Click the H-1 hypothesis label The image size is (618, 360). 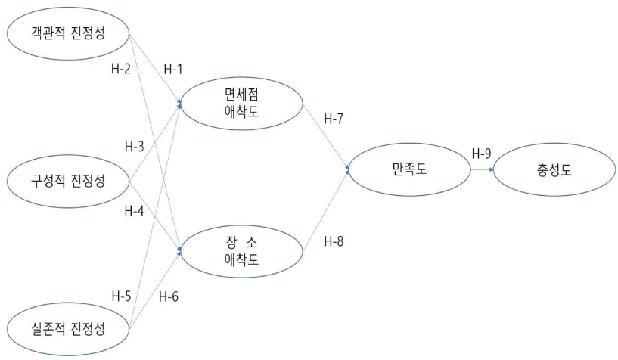(174, 68)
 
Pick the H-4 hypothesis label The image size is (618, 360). (135, 209)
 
